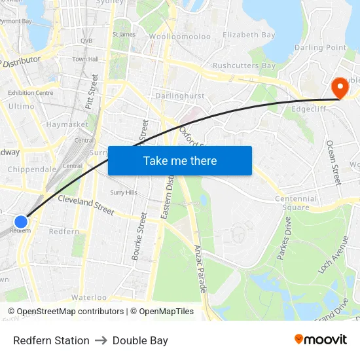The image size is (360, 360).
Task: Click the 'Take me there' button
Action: coord(179,160)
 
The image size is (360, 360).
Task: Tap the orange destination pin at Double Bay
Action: coord(340,88)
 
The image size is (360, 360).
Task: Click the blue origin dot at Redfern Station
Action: coord(21,222)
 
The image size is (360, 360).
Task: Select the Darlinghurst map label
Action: coord(179,96)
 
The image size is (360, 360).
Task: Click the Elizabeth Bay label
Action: coord(249,35)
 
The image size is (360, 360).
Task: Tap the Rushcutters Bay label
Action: coord(243,65)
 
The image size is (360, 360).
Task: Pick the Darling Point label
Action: coord(320,48)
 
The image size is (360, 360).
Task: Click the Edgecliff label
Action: coord(309,109)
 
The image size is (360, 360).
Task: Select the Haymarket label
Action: coord(67,124)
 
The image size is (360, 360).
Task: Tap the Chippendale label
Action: coord(32,169)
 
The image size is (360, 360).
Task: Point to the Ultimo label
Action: coord(22,106)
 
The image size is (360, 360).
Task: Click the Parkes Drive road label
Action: coord(284,239)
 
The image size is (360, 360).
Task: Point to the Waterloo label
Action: coord(88,297)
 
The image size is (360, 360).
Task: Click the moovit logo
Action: coord(321,340)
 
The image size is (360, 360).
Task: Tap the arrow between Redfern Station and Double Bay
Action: coord(101,340)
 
